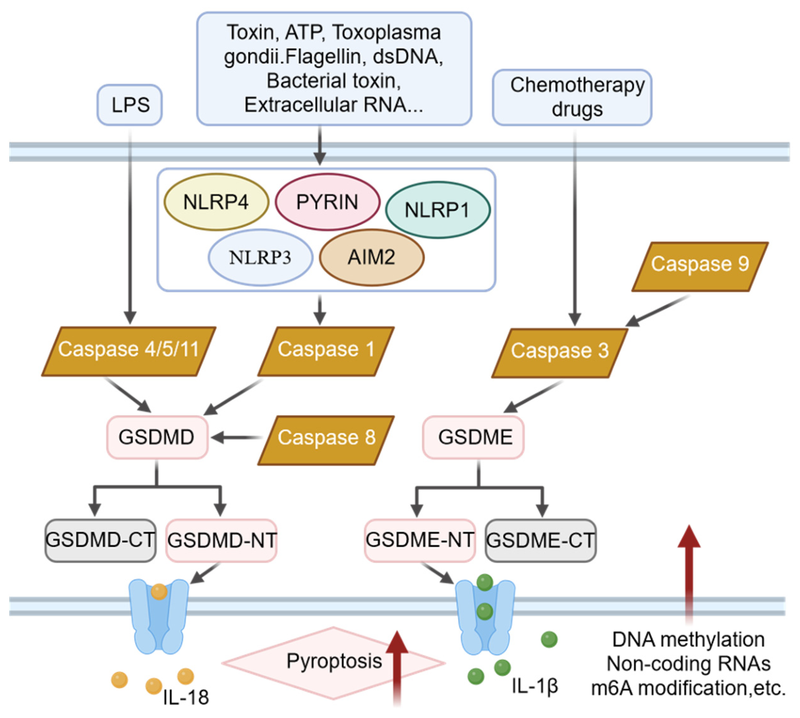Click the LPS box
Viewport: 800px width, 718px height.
[x=130, y=105]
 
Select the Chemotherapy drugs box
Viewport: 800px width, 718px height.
[x=572, y=97]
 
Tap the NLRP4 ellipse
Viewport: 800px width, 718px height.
[x=216, y=202]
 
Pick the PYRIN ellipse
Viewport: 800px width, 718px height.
[x=328, y=202]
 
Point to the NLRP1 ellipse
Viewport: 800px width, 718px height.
[x=438, y=210]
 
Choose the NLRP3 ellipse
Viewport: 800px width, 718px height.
[x=260, y=258]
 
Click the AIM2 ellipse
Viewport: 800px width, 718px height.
[x=372, y=258]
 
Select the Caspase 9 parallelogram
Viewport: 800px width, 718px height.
[x=700, y=267]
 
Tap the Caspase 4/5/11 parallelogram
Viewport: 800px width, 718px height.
[x=129, y=351]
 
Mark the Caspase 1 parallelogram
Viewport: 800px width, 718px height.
[x=326, y=351]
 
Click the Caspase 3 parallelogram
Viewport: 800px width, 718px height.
[x=559, y=353]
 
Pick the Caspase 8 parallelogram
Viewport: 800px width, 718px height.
[x=326, y=440]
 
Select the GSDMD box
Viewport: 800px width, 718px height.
[x=157, y=437]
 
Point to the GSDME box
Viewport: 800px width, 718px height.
[x=473, y=437]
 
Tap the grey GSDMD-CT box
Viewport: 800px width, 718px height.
[x=100, y=540]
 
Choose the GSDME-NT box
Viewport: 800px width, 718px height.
[x=420, y=540]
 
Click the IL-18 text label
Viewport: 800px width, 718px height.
[x=186, y=698]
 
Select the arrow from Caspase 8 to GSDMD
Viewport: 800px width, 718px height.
[x=237, y=437]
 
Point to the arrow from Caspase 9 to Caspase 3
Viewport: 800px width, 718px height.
[x=658, y=311]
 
